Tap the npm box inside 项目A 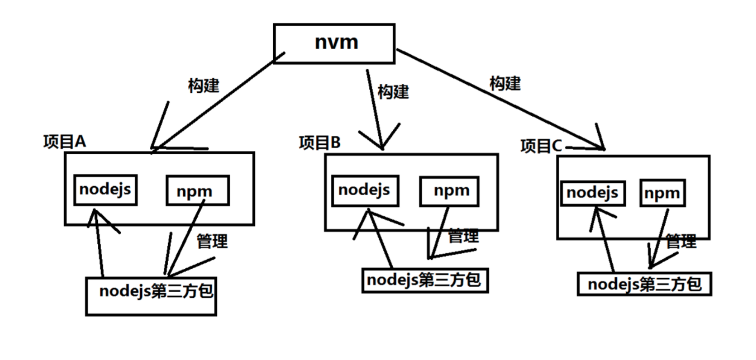pos(198,191)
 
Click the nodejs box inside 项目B pos(364,191)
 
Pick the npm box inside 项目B pos(451,191)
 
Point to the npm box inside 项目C pos(662,193)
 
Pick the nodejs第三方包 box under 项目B pos(424,280)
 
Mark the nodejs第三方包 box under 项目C pos(645,284)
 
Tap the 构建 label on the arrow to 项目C pos(505,83)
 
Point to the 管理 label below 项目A pos(212,242)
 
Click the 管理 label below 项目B pos(463,236)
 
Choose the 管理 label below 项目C pos(681,242)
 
